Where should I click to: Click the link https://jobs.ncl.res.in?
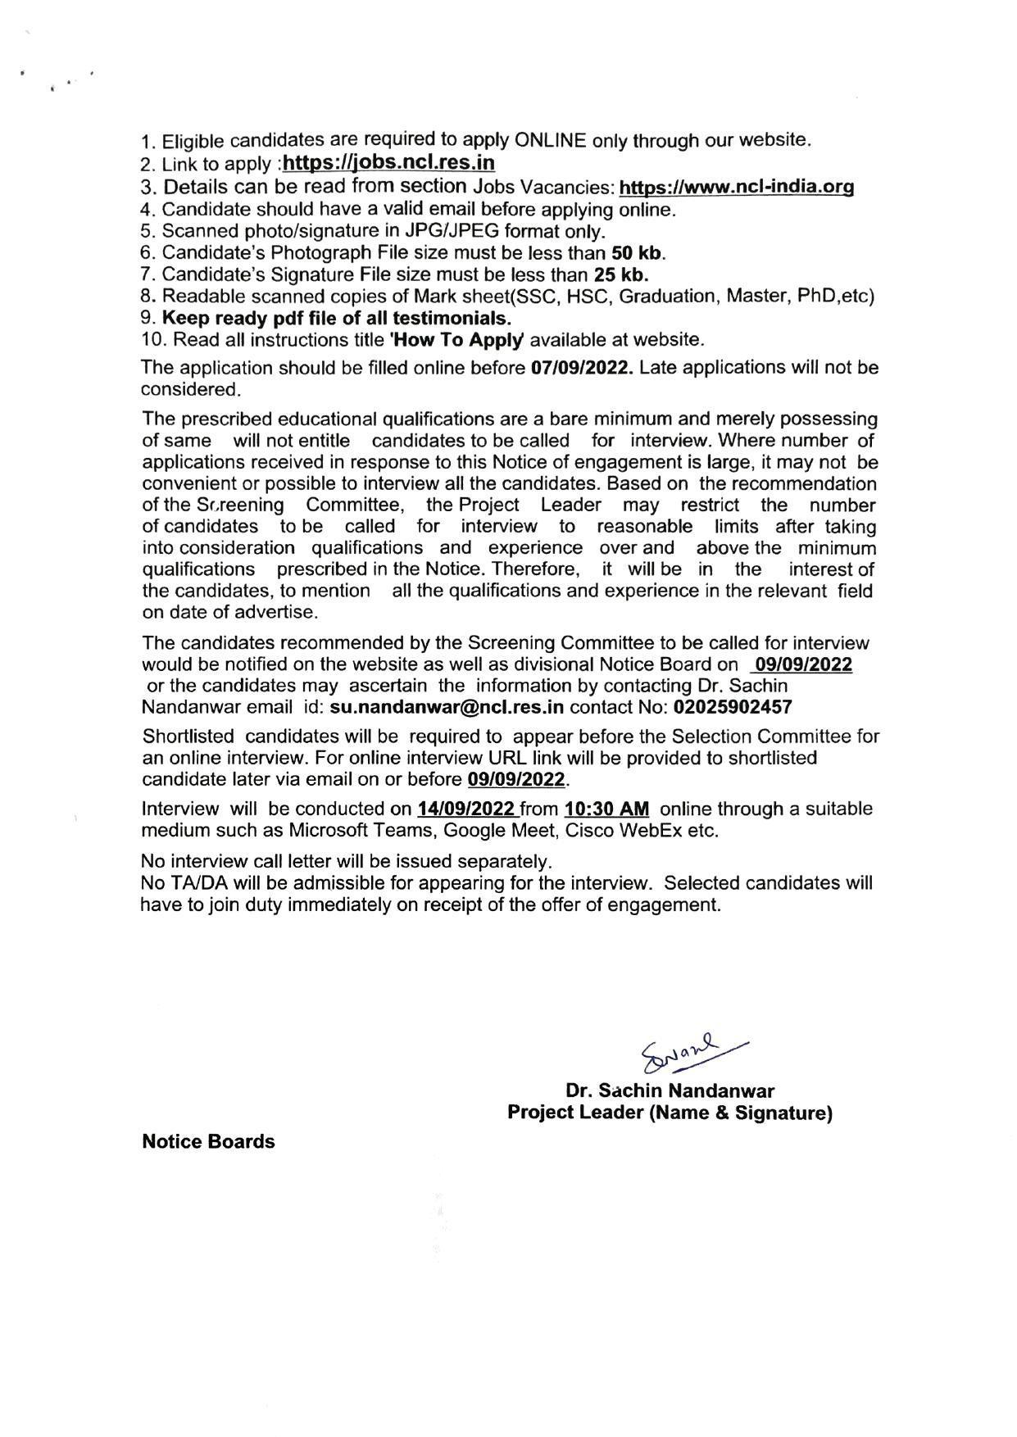tap(388, 162)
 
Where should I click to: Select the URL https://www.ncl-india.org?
tap(736, 187)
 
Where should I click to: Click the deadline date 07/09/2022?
tap(582, 367)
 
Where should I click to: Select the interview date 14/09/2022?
tap(465, 809)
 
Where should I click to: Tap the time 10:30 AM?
tap(606, 809)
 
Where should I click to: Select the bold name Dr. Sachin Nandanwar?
tap(669, 1090)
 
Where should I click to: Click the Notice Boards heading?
tap(208, 1141)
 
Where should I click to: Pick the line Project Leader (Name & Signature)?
tap(670, 1113)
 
